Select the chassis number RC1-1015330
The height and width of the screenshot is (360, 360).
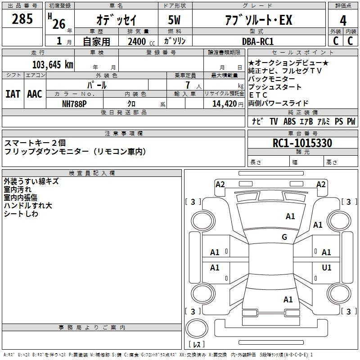tap(302, 144)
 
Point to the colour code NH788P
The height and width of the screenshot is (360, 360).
tap(75, 103)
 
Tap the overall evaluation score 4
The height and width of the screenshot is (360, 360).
tap(343, 20)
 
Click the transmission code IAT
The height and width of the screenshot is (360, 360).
tap(13, 94)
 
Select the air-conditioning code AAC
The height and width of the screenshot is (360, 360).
tap(34, 94)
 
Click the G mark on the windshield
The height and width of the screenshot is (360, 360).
tap(284, 237)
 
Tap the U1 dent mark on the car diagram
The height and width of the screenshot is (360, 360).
tap(327, 268)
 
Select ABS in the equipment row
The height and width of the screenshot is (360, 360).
tap(290, 121)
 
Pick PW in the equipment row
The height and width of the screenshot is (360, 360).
tap(351, 121)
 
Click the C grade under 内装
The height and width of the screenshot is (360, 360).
tap(350, 41)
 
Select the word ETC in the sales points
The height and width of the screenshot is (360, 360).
tap(258, 95)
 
